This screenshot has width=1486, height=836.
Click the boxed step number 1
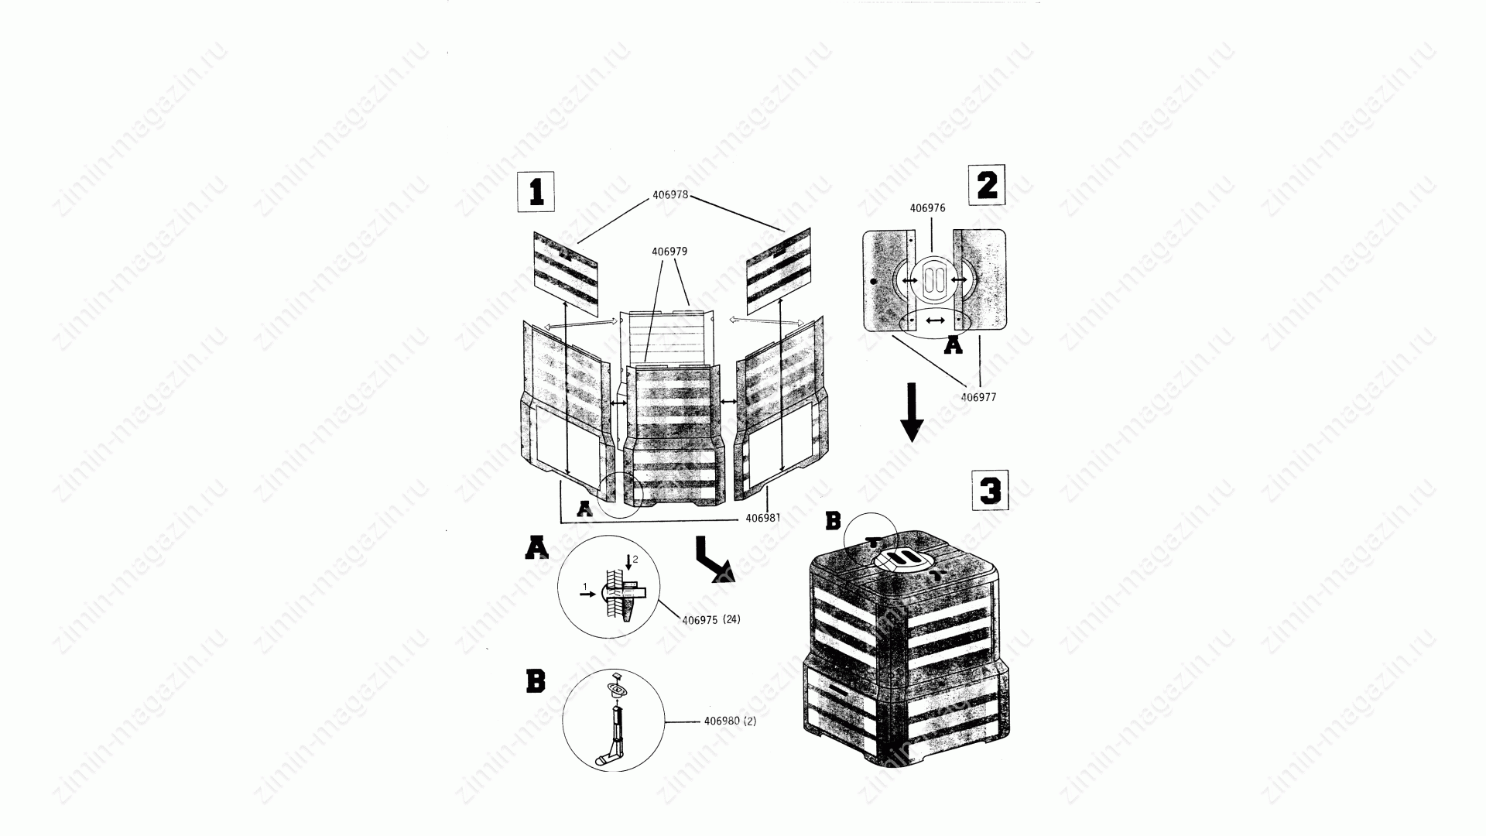[x=536, y=191]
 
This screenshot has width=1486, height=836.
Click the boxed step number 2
[x=987, y=185]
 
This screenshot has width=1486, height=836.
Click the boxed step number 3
[x=990, y=490]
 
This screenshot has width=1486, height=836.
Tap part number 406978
[x=670, y=195]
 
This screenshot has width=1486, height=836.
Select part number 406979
[x=669, y=252]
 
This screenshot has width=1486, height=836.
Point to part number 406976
[x=927, y=208]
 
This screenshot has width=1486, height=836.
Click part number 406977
[x=978, y=397]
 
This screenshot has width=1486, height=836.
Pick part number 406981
[x=763, y=518]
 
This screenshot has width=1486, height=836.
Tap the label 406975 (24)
[x=710, y=619]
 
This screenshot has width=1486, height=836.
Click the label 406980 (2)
[x=730, y=721]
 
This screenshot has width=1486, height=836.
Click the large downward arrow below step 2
[x=912, y=412]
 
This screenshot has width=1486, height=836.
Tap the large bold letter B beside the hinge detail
[x=536, y=681]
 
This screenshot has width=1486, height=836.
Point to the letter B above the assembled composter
[x=833, y=522]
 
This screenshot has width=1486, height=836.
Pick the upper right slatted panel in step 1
[x=779, y=267]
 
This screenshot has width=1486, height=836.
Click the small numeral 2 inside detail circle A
[x=635, y=559]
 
